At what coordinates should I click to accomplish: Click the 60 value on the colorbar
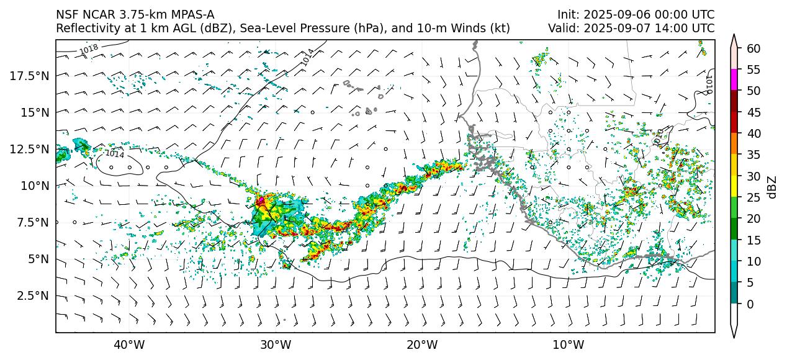(x=753, y=48)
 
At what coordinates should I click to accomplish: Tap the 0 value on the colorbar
(x=750, y=304)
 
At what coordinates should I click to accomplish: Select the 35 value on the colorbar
(x=753, y=155)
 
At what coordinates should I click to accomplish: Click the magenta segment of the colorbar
(x=734, y=80)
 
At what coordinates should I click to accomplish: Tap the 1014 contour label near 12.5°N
(x=114, y=153)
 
